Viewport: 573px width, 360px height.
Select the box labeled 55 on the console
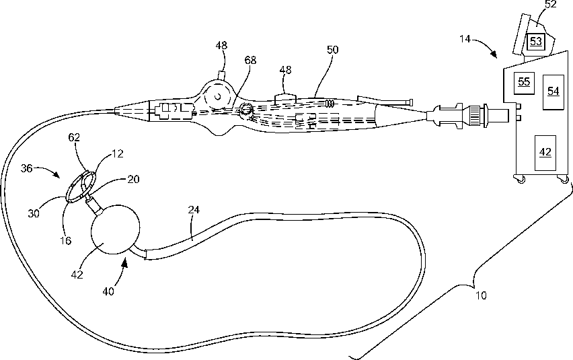pos(523,81)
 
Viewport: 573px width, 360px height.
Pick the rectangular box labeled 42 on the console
pos(545,151)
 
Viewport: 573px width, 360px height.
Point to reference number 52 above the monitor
pos(550,5)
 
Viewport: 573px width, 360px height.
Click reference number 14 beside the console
pos(466,40)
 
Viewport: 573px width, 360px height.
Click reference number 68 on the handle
pos(250,61)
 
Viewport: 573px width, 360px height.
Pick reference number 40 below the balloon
pos(109,292)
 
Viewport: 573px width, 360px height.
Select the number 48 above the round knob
pos(221,46)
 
